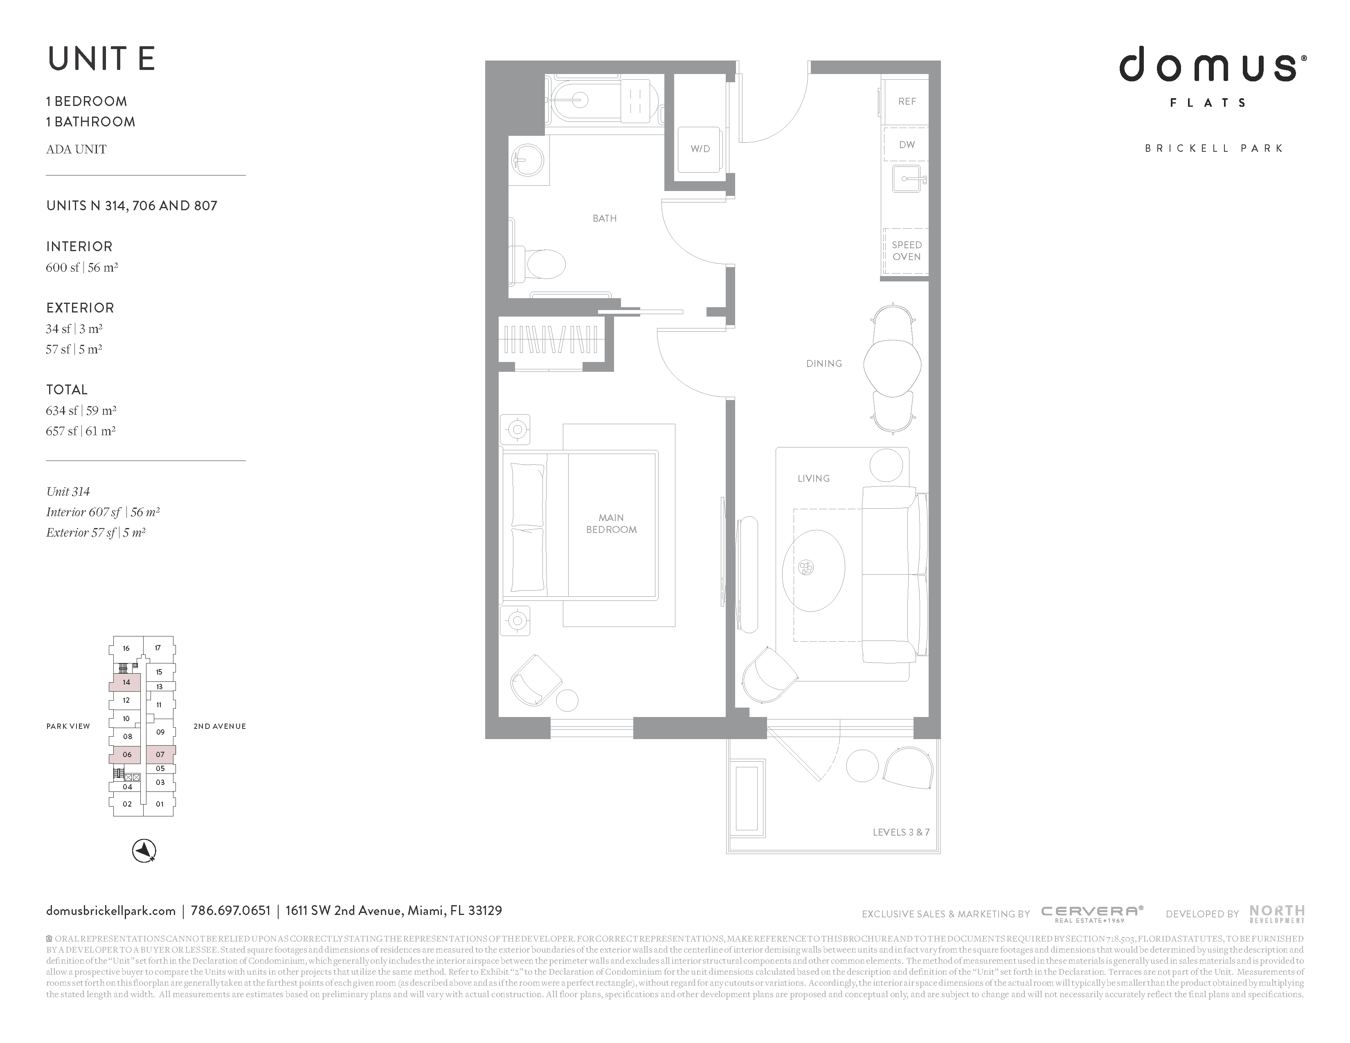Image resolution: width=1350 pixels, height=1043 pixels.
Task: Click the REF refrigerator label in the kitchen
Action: (x=907, y=101)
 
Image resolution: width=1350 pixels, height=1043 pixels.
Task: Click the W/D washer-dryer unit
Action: (x=700, y=149)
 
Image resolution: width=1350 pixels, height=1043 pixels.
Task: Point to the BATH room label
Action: (x=605, y=218)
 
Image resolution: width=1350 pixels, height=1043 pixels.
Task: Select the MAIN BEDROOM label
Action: (x=611, y=524)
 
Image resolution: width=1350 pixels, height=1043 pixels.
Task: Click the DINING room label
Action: (x=824, y=363)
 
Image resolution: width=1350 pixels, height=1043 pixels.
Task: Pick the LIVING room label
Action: (x=813, y=478)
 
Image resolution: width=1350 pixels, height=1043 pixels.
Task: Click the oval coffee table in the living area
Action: (x=813, y=570)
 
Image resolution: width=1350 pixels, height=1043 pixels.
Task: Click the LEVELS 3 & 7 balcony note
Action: (x=901, y=832)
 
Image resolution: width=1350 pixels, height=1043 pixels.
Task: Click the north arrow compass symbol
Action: (x=144, y=851)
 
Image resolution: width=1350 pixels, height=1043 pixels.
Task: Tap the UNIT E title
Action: (x=101, y=59)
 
